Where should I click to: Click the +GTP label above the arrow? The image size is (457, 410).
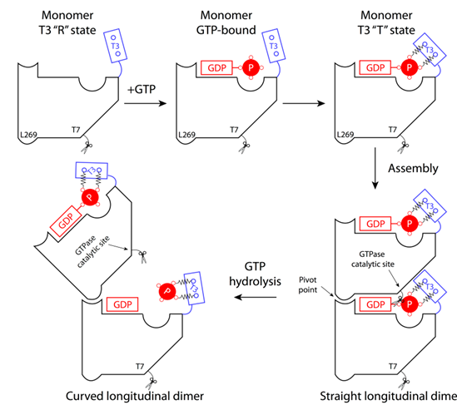pyautogui.click(x=142, y=89)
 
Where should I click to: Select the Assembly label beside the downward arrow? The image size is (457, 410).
pyautogui.click(x=413, y=169)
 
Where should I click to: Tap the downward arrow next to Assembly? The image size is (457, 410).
pyautogui.click(x=375, y=168)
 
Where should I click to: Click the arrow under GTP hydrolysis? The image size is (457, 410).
pyautogui.click(x=256, y=297)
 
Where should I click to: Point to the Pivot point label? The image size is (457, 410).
pyautogui.click(x=308, y=284)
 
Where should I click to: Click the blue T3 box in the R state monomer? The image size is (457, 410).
pyautogui.click(x=116, y=46)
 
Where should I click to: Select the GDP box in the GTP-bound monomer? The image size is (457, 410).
pyautogui.click(x=216, y=68)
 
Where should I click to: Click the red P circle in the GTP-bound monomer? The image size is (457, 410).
pyautogui.click(x=251, y=67)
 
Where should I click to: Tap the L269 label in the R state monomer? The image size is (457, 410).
pyautogui.click(x=28, y=135)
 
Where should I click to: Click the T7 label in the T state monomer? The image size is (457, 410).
pyautogui.click(x=393, y=130)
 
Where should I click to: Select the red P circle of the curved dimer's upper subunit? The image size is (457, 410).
pyautogui.click(x=90, y=197)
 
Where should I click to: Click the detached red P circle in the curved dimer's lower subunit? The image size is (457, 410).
pyautogui.click(x=167, y=291)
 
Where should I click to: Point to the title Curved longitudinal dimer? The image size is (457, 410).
pyautogui.click(x=135, y=396)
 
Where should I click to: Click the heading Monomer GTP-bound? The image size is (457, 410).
pyautogui.click(x=226, y=22)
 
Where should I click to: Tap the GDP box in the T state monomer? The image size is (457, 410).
pyautogui.click(x=375, y=68)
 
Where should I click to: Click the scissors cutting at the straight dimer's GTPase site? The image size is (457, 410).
pyautogui.click(x=397, y=302)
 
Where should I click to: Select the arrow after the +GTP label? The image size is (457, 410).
pyautogui.click(x=145, y=103)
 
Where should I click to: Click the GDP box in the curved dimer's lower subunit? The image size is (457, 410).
pyautogui.click(x=122, y=304)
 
